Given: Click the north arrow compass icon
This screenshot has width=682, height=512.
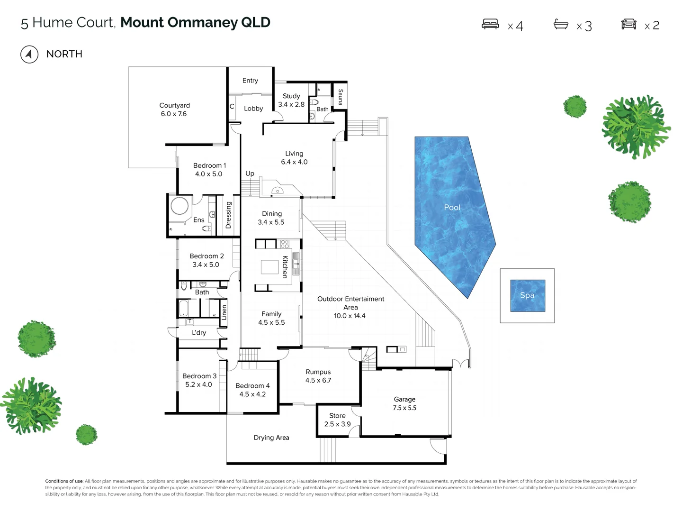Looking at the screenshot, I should (29, 55).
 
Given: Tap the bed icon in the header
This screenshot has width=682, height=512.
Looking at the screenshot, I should (490, 24).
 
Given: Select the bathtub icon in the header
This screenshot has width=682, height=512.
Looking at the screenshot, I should (561, 24).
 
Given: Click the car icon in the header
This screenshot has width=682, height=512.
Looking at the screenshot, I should (628, 24).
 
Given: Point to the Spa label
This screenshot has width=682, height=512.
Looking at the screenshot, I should (527, 295).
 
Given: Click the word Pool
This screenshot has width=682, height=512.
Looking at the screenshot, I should (452, 207).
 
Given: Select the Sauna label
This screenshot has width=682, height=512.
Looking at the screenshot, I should (340, 97).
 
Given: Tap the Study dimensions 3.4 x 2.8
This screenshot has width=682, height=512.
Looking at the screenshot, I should (291, 105).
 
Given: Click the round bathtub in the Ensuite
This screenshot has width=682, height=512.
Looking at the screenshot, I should (180, 207).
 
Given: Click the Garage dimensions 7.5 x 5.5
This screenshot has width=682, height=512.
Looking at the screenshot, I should (404, 408).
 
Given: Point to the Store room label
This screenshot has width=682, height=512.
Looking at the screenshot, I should (337, 416).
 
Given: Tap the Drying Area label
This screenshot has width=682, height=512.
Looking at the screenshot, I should (271, 438).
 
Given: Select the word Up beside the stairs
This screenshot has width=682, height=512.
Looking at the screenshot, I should (250, 174).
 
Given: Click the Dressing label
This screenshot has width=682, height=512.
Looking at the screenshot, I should (228, 215).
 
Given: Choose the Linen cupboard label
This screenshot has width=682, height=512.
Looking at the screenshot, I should (224, 312).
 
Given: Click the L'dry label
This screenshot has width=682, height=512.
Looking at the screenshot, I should (199, 333).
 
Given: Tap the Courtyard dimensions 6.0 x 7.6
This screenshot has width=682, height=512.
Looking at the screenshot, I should (173, 114).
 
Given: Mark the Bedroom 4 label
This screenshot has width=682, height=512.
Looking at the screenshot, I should (252, 386).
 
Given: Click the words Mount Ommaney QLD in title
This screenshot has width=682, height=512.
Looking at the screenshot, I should (195, 22).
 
